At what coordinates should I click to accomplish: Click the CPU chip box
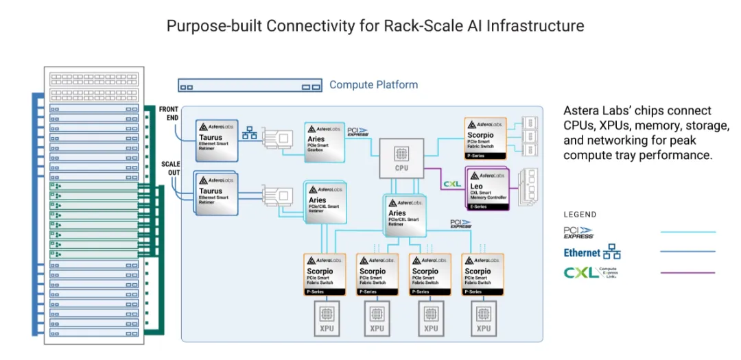tap(401, 158)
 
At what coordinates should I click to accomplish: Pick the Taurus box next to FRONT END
tap(217, 141)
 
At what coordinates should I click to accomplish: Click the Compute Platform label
tap(373, 85)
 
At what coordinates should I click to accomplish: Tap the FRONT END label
tap(169, 113)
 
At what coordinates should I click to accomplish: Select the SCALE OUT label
tap(169, 169)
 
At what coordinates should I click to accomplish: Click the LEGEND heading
tap(580, 214)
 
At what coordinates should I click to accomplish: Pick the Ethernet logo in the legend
tap(591, 252)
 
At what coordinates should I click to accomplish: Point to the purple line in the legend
tap(687, 272)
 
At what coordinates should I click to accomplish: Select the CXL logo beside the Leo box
tap(452, 183)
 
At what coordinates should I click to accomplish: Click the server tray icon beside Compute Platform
tap(249, 86)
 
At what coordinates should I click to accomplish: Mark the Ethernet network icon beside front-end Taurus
tap(250, 133)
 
